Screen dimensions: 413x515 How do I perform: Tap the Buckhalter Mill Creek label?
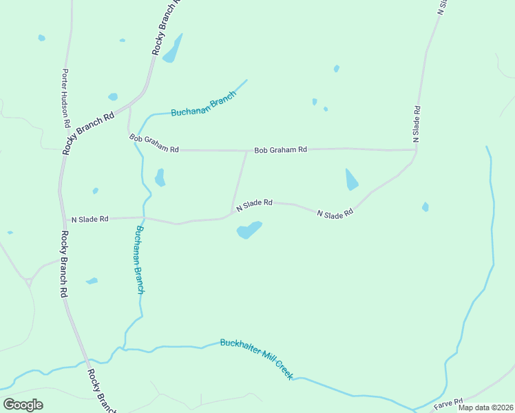tap(257, 359)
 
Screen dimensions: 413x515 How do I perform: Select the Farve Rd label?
tap(449, 403)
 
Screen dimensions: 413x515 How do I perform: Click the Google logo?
tap(23, 405)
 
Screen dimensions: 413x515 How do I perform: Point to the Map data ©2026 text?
tap(485, 407)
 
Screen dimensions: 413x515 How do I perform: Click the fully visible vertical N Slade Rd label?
tap(417, 124)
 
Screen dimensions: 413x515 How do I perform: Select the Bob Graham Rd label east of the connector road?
tap(280, 149)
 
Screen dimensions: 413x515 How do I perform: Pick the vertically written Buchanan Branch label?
tap(140, 260)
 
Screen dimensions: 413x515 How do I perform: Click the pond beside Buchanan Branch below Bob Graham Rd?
tap(160, 178)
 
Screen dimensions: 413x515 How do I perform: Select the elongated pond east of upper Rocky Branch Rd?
tap(172, 50)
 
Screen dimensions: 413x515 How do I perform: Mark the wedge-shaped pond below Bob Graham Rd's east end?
tap(351, 180)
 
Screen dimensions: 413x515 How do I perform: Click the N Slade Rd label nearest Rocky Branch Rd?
tap(90, 219)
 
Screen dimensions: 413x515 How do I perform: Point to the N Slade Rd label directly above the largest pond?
tap(254, 204)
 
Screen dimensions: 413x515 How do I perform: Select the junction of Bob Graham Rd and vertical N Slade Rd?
tap(416, 149)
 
